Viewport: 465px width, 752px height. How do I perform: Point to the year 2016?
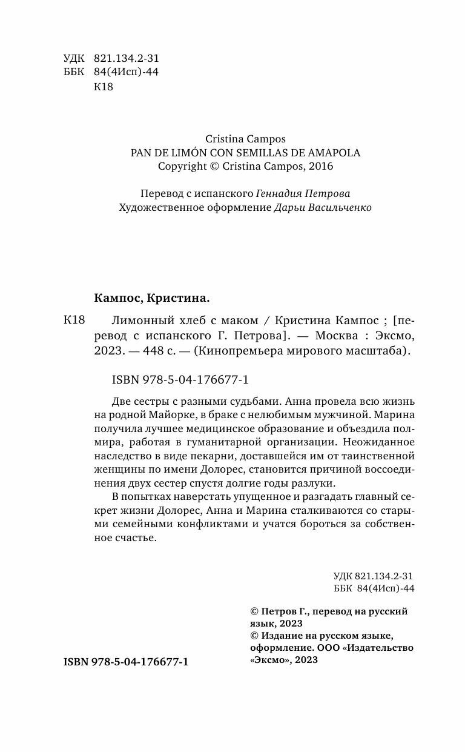click(x=320, y=166)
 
